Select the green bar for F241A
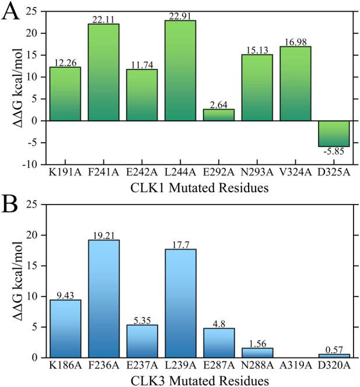103,72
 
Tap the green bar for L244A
180,71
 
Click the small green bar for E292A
218,115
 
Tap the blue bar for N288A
257,353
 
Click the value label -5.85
334,152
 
